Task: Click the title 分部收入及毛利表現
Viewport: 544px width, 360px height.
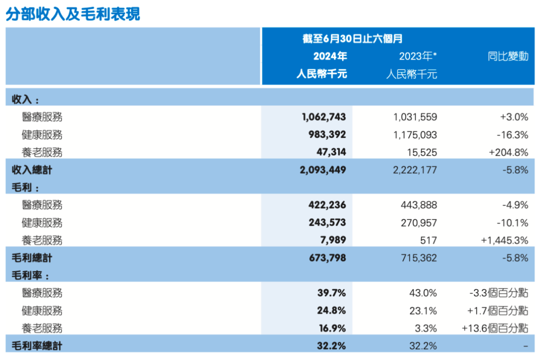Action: tap(73, 14)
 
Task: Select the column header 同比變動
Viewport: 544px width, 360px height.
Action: tap(508, 56)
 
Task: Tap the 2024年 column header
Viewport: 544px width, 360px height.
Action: tap(330, 56)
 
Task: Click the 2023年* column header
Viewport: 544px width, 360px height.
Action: tap(418, 56)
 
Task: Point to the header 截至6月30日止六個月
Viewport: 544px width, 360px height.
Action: tap(352, 39)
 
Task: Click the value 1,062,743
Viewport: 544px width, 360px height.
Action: tap(324, 117)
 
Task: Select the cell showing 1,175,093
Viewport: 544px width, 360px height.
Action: tap(415, 135)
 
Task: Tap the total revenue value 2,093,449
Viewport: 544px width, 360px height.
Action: tap(323, 170)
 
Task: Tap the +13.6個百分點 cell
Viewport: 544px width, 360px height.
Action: tap(495, 328)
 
